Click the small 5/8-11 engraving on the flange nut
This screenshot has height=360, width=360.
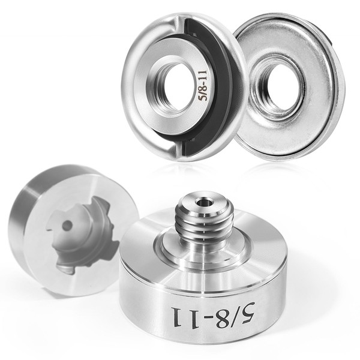203,85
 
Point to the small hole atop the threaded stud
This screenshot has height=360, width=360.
203,203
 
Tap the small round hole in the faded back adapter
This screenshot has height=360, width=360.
67,226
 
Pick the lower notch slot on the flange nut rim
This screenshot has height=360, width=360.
179,149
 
